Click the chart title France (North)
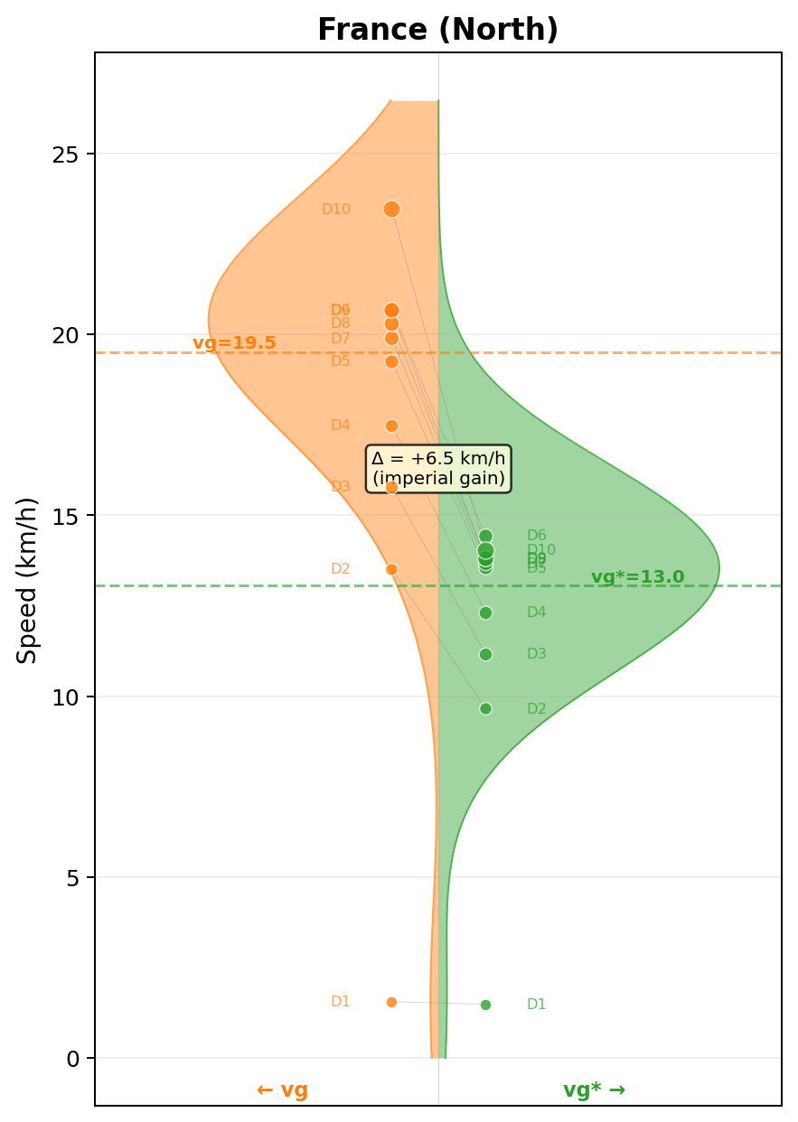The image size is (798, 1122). pos(437,31)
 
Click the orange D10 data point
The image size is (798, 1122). pos(391,210)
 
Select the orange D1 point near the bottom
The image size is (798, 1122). pos(391,1002)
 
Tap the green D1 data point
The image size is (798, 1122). pos(485,1005)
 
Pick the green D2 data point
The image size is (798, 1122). pos(485,708)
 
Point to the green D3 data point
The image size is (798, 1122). pos(485,654)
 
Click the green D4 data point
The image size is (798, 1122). pos(485,612)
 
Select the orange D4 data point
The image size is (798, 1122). pos(391,425)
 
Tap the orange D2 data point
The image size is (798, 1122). pos(391,569)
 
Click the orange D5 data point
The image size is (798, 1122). pos(391,361)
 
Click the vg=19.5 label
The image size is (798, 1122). pos(234,343)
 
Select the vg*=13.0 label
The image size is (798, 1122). pos(637,577)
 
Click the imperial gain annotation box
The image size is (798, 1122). pos(438,468)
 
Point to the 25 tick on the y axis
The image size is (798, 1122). pos(64,154)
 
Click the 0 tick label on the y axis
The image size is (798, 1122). pos(72,1058)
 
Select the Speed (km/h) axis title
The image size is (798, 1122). pos(28,579)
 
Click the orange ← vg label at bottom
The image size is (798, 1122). pos(282,1089)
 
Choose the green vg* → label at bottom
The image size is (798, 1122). pos(594,1089)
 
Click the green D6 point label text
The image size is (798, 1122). pos(536,536)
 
